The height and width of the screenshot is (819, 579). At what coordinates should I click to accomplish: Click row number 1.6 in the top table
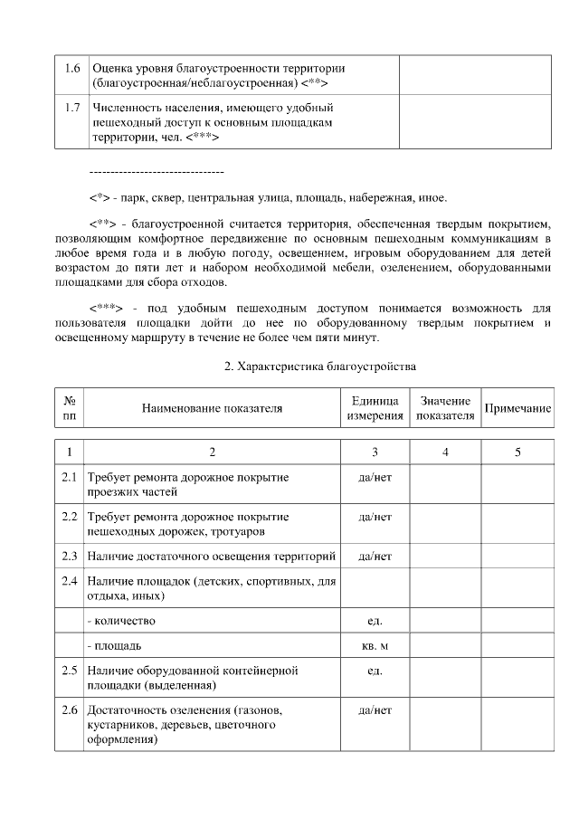tap(72, 68)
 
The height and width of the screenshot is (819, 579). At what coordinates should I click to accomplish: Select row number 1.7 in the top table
tap(72, 108)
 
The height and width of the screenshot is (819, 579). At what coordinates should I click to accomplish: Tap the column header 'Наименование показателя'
tap(212, 408)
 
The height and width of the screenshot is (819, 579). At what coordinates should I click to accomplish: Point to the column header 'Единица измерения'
tap(375, 408)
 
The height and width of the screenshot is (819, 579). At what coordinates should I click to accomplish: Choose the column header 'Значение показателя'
tap(444, 408)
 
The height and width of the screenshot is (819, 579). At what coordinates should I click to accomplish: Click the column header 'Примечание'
tap(517, 408)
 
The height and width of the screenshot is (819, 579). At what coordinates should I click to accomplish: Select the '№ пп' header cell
tap(70, 408)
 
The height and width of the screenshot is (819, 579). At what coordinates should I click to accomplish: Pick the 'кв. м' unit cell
tap(375, 647)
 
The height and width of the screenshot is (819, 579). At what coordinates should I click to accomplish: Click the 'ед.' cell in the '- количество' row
tap(375, 621)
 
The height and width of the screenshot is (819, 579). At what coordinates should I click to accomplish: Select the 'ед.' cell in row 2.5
tap(375, 671)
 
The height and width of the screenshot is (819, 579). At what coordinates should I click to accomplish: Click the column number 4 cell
tap(444, 452)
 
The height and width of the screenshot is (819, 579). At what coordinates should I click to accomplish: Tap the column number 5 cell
tap(517, 452)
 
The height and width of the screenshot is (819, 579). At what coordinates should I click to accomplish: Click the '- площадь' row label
tap(114, 647)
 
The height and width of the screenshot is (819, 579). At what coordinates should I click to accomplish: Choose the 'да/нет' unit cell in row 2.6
tap(375, 710)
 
